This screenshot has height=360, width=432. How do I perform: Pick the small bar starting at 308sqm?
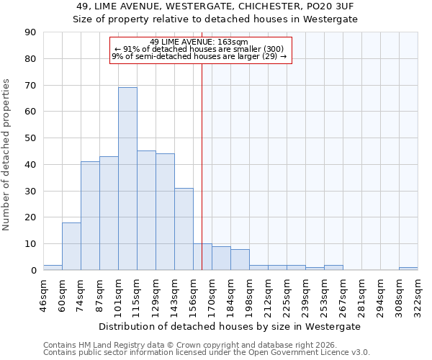(408, 269)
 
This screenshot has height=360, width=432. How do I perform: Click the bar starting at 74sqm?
(90, 216)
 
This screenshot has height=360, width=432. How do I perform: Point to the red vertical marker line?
(202, 166)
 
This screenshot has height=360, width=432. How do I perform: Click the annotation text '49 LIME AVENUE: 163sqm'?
(199, 42)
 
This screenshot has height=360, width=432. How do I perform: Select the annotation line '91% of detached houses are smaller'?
(199, 49)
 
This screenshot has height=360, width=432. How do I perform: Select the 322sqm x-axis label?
(418, 295)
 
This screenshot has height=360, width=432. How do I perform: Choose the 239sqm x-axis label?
(305, 295)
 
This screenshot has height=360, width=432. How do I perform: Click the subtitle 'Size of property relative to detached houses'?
(215, 19)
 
